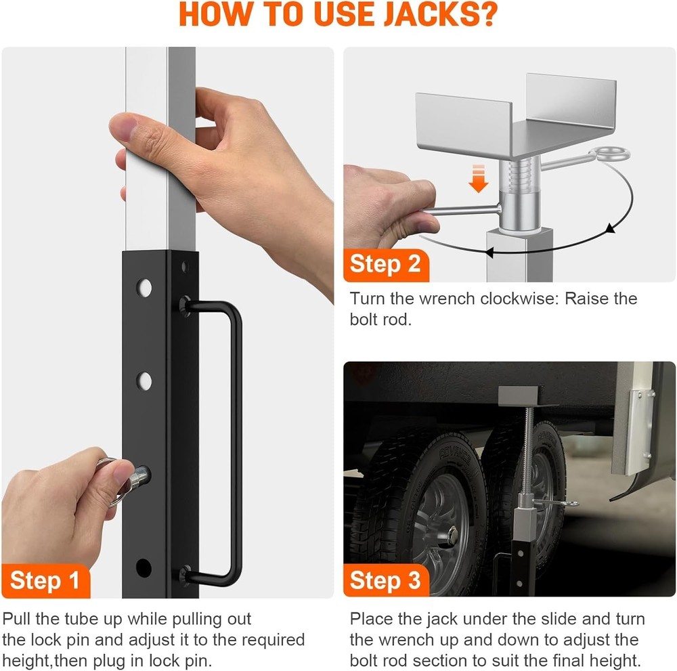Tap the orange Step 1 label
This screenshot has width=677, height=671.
click(x=45, y=580)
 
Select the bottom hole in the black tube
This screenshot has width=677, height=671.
click(x=144, y=567)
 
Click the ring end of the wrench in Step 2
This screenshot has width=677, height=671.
click(x=600, y=157)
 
